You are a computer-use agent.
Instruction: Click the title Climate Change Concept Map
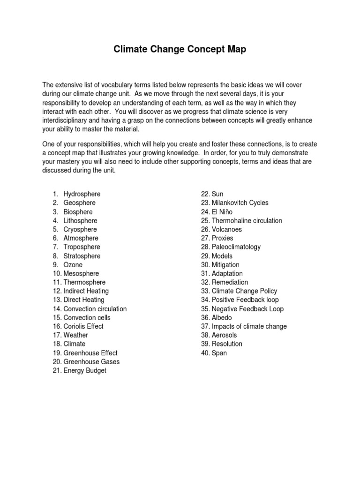tap(180, 49)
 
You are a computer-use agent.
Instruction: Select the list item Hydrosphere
tap(82, 194)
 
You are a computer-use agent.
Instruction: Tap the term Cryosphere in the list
tap(80, 229)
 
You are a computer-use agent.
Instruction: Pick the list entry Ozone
tap(73, 265)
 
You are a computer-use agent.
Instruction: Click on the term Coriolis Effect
tap(83, 326)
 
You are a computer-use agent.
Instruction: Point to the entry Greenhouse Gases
tap(91, 362)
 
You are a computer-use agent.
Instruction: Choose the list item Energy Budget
tap(85, 371)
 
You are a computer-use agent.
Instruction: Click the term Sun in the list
tap(217, 194)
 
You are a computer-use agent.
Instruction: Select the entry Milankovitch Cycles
tap(240, 203)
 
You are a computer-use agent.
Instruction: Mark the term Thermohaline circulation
tap(247, 221)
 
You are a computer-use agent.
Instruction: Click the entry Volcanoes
tap(227, 230)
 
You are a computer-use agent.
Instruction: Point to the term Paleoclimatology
tap(236, 247)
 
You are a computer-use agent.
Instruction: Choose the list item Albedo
tap(222, 318)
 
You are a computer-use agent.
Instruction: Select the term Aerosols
tap(225, 335)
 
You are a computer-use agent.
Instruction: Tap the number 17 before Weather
tap(57, 335)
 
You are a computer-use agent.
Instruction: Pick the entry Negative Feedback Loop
tap(247, 309)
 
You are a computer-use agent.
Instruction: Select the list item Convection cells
tap(87, 318)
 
